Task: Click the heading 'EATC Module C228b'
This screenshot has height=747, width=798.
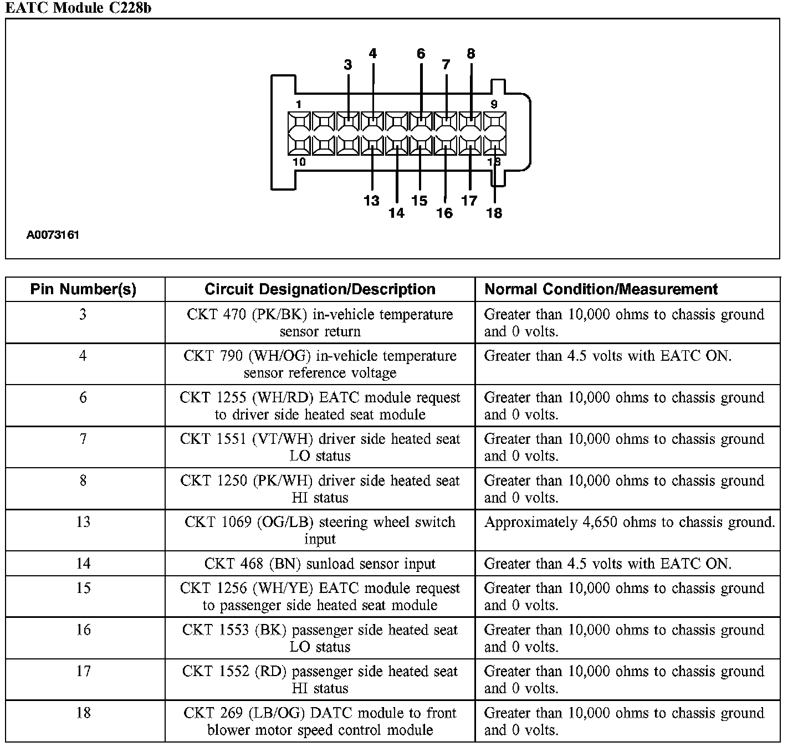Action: [x=78, y=8]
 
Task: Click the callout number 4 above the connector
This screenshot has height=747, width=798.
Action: [x=372, y=54]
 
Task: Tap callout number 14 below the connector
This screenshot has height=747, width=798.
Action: [x=396, y=213]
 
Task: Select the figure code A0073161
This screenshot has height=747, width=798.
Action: [x=53, y=235]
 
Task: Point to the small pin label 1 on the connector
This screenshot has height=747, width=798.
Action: [x=298, y=104]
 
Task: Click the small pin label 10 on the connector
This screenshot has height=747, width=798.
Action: [x=299, y=162]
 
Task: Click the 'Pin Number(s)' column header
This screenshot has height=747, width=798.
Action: [x=83, y=289]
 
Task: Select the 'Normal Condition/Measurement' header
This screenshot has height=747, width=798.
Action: [x=601, y=289]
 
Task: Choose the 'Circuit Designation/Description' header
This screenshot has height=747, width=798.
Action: [x=320, y=289]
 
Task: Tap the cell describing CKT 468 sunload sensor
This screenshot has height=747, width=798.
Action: [x=320, y=564]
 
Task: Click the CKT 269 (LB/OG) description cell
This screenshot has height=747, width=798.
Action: [x=320, y=721]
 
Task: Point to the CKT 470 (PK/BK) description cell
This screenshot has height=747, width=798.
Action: [x=320, y=323]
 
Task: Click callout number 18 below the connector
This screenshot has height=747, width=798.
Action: [x=494, y=213]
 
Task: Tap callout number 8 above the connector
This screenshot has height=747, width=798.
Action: [x=470, y=54]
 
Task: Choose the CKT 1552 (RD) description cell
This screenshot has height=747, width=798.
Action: [x=320, y=679]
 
